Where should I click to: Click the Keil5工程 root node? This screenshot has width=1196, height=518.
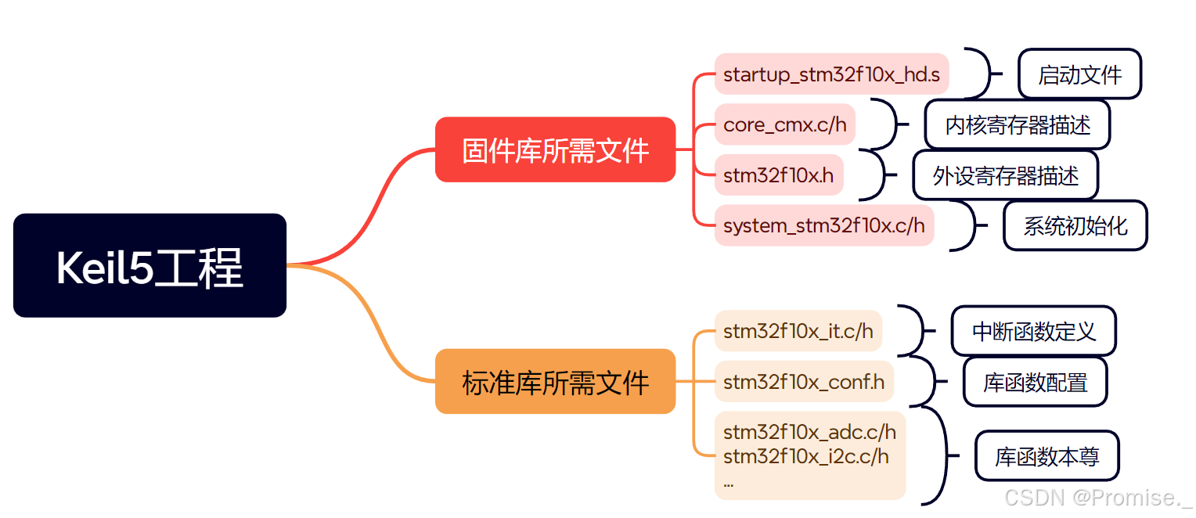pyautogui.click(x=149, y=265)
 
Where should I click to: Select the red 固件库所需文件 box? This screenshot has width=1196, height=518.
pyautogui.click(x=555, y=149)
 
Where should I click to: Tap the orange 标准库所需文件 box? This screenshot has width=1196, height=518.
pyautogui.click(x=555, y=381)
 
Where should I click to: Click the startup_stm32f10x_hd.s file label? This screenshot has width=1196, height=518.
pyautogui.click(x=831, y=74)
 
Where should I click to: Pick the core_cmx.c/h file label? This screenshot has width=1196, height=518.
pyautogui.click(x=785, y=124)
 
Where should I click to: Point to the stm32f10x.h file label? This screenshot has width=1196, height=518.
pyautogui.click(x=779, y=175)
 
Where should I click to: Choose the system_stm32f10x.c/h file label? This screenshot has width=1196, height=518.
pyautogui.click(x=824, y=225)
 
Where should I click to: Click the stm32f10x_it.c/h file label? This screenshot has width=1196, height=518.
pyautogui.click(x=798, y=330)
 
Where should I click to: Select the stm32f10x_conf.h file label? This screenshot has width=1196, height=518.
pyautogui.click(x=804, y=382)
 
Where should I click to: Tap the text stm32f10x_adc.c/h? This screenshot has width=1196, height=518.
pyautogui.click(x=809, y=432)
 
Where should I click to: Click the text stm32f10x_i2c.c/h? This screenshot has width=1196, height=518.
pyautogui.click(x=805, y=456)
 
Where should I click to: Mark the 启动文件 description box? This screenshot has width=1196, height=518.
pyautogui.click(x=1079, y=74)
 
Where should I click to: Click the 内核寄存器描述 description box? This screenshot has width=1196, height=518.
pyautogui.click(x=1017, y=124)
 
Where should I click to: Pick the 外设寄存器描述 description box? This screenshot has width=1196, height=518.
pyautogui.click(x=1005, y=175)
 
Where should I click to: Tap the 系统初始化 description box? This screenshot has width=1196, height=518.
pyautogui.click(x=1075, y=225)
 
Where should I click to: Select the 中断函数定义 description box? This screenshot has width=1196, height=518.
pyautogui.click(x=1033, y=331)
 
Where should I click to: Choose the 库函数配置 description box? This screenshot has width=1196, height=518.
pyautogui.click(x=1035, y=382)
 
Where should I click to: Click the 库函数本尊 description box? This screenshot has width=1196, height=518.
pyautogui.click(x=1046, y=456)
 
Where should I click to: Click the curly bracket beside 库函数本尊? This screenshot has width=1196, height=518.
pyautogui.click(x=939, y=455)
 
